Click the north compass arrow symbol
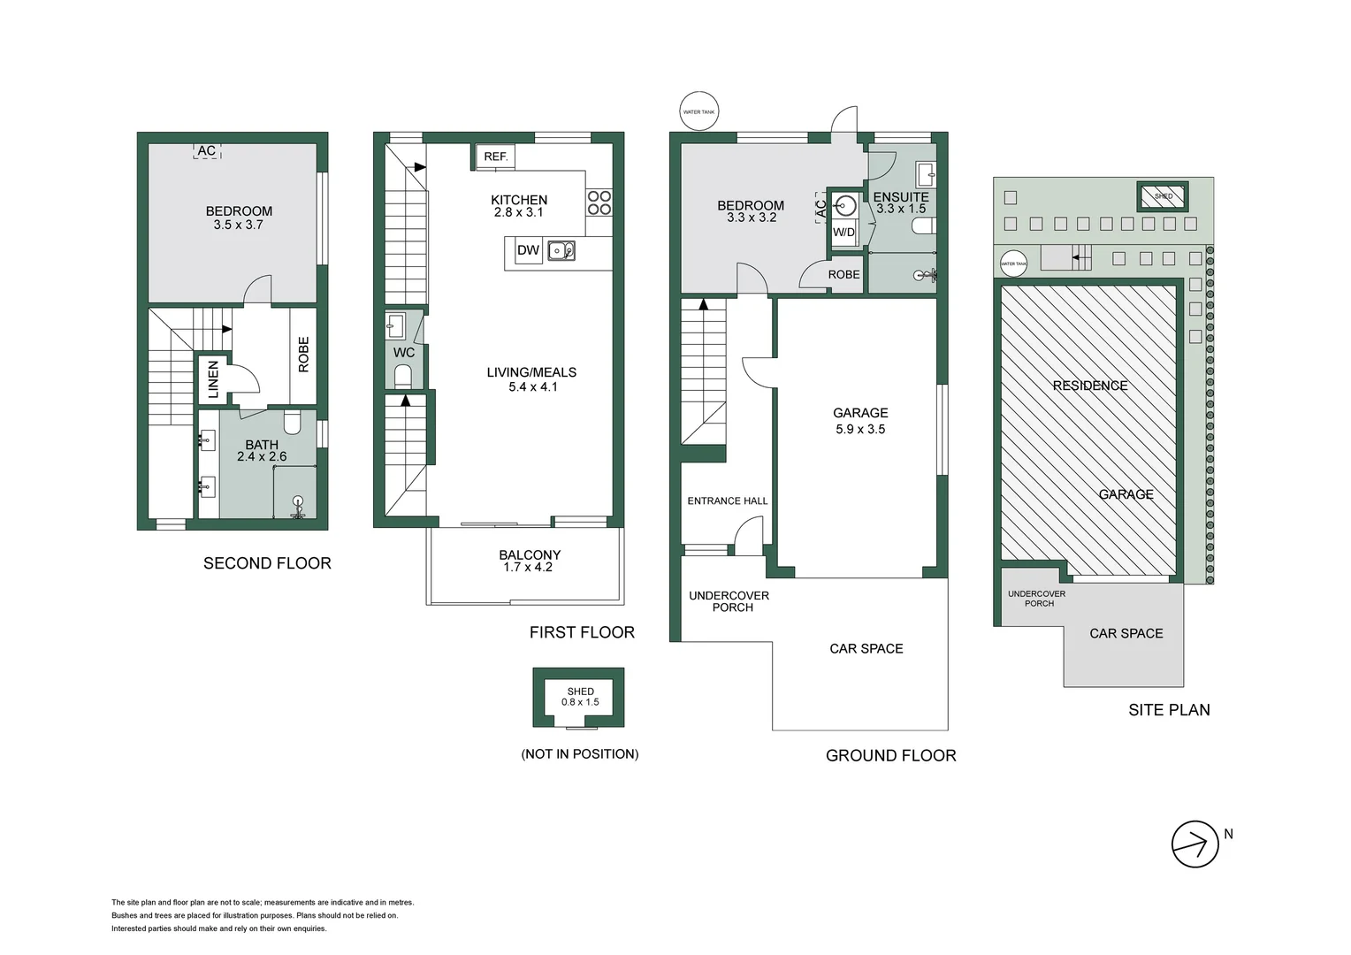coord(1195,844)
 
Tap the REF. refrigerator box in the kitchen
coord(495,157)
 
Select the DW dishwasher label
coord(528,250)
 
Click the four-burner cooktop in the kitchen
coord(599,202)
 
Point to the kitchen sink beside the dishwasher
coord(561,251)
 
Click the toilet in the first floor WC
coord(403,378)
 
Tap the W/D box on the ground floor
coord(844,233)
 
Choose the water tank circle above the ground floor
coord(698,111)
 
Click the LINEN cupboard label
coord(213,378)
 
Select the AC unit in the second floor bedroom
coord(207,151)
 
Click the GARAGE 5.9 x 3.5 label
coord(860,421)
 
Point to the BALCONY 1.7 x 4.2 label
coord(529,561)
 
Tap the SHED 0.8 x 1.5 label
coord(580,697)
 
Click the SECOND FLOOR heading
coord(267,563)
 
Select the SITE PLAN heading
coord(1169,710)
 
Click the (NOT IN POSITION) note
coord(579,754)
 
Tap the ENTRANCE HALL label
coord(728,501)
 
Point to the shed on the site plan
coord(1163,196)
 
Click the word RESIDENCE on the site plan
coord(1090,386)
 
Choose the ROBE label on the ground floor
coord(843,275)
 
